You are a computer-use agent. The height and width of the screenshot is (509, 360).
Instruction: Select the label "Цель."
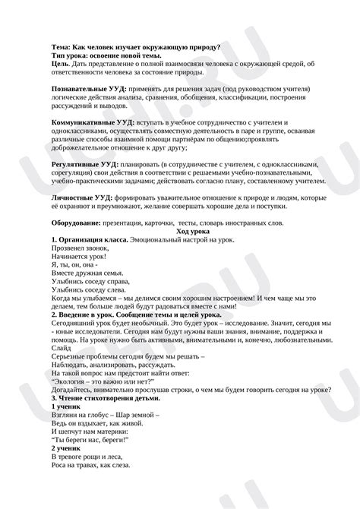click(x=61, y=64)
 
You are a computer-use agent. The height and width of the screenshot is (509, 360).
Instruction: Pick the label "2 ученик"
click(x=68, y=447)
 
